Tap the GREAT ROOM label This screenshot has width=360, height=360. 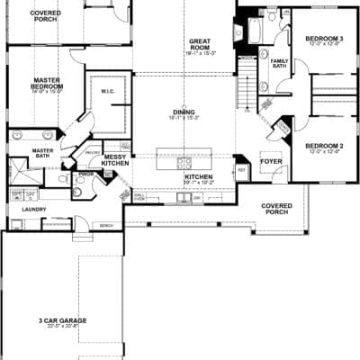(x=200, y=44)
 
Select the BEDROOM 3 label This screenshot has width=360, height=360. (x=321, y=40)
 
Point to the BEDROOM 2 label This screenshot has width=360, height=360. (x=321, y=148)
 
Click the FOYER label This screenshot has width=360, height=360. (x=272, y=163)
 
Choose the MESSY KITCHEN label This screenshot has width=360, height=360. (x=115, y=159)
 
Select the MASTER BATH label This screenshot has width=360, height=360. (x=41, y=152)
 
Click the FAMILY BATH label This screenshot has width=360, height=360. (x=280, y=64)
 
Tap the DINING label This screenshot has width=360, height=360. (x=184, y=114)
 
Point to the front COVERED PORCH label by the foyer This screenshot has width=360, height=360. (x=277, y=209)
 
